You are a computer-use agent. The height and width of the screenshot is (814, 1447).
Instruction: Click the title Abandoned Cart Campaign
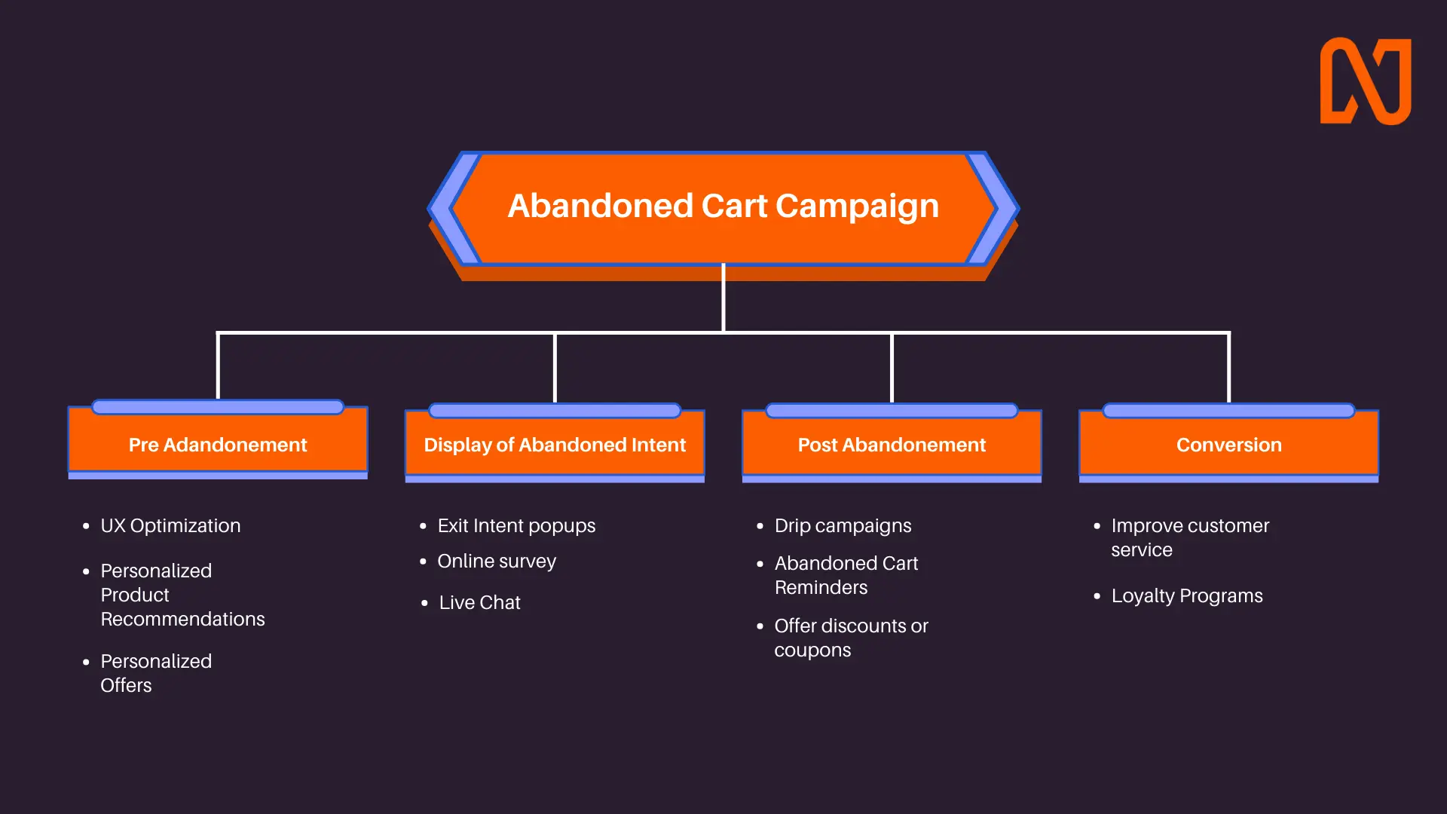[723, 206]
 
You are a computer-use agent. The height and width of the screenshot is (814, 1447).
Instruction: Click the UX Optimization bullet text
[170, 525]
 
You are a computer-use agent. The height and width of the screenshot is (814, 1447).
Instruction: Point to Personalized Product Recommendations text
[182, 595]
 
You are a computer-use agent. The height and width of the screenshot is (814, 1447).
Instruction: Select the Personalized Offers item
[156, 673]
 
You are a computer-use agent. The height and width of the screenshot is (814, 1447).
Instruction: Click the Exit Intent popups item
[516, 526]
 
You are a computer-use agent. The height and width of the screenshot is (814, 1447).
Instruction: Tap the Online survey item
[497, 562]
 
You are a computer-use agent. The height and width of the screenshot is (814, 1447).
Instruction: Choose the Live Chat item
[479, 602]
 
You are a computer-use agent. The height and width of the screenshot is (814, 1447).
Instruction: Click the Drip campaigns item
[843, 526]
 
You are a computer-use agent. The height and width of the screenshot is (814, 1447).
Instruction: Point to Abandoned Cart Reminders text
[846, 575]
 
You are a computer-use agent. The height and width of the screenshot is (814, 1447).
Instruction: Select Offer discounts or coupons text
[851, 638]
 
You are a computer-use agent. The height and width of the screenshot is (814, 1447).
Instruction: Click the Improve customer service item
[1190, 537]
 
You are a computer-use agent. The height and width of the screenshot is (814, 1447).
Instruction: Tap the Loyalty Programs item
[1187, 596]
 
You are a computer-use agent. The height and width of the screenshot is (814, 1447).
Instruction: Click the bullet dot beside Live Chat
[424, 603]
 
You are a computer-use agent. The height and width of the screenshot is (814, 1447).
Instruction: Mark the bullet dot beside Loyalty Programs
[1097, 596]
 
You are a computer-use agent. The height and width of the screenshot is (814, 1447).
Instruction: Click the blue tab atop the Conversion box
[1228, 411]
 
